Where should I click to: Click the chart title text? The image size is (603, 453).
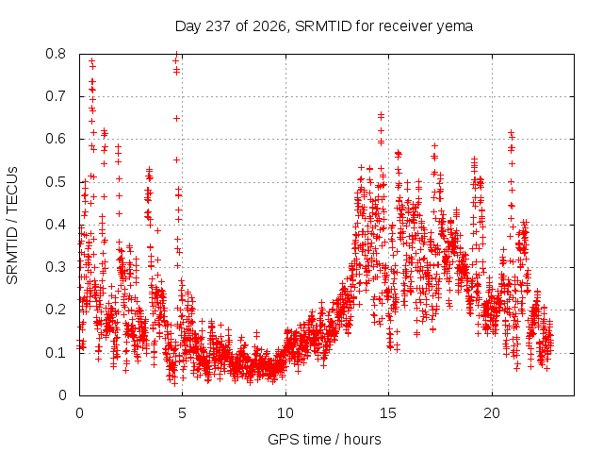pyautogui.click(x=324, y=26)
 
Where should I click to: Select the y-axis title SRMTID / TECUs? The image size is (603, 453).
pyautogui.click(x=12, y=226)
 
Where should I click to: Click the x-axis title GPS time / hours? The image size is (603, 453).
pyautogui.click(x=324, y=439)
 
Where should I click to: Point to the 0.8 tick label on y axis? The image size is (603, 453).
pyautogui.click(x=56, y=54)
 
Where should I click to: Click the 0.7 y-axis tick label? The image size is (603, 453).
pyautogui.click(x=56, y=96)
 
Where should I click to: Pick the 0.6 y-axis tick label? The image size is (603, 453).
pyautogui.click(x=56, y=139)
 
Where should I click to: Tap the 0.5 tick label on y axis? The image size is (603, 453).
pyautogui.click(x=56, y=182)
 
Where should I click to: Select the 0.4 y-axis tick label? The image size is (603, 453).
pyautogui.click(x=56, y=225)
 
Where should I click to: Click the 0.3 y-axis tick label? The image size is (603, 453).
pyautogui.click(x=56, y=267)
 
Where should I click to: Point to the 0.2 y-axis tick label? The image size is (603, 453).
pyautogui.click(x=56, y=310)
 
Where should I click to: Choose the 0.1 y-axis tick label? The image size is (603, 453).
pyautogui.click(x=56, y=352)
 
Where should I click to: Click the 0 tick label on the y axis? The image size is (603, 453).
pyautogui.click(x=62, y=395)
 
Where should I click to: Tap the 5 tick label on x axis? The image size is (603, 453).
pyautogui.click(x=182, y=413)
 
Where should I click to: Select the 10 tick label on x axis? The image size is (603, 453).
pyautogui.click(x=285, y=413)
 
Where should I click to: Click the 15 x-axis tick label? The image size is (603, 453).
pyautogui.click(x=388, y=413)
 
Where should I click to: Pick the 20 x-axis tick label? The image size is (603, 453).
pyautogui.click(x=492, y=413)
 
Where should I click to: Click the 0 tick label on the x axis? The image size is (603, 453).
pyautogui.click(x=79, y=413)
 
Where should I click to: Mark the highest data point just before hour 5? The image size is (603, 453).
pyautogui.click(x=176, y=54)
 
